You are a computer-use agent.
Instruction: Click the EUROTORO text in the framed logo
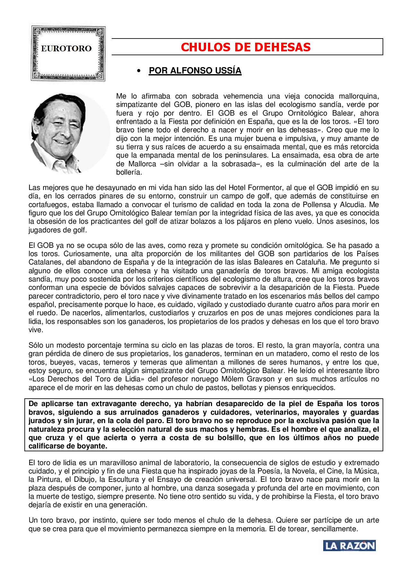click(66, 49)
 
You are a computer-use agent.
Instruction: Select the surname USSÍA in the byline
click(228, 71)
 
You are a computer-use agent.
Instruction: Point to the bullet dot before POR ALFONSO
click(139, 71)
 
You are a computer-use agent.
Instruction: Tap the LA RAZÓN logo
click(350, 546)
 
